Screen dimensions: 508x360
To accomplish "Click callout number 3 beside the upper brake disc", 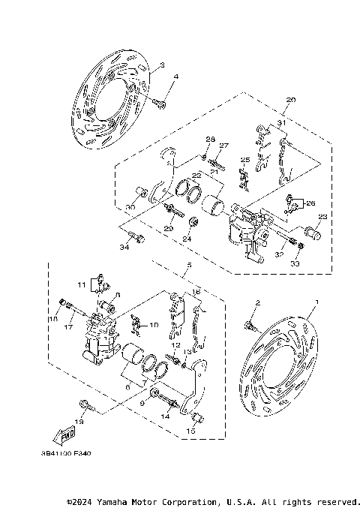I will coord(161,66).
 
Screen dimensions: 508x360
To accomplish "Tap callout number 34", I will coord(124,245).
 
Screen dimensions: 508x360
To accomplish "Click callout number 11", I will coord(81,284).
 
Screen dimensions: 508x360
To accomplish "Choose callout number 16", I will coord(196,291).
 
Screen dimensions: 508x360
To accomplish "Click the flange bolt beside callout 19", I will coord(82,407).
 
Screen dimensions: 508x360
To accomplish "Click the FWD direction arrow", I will coord(66,435).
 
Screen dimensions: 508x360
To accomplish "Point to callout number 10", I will coord(154,325).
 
